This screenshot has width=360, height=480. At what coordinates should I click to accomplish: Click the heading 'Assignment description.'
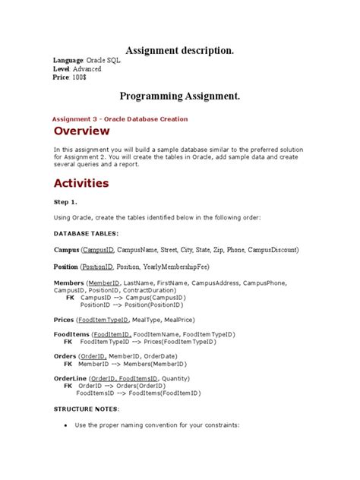pos(179,50)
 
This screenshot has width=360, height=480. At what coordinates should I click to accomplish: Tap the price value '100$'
pos(81,77)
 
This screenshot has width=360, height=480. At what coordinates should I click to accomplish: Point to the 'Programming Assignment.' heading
pos(179,96)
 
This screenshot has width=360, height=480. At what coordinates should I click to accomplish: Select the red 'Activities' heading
pos(81,183)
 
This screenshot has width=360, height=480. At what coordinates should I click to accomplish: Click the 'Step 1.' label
pos(65,203)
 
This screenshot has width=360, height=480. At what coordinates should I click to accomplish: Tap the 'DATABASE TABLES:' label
pos(86,233)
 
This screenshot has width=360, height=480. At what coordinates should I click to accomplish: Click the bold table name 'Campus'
pos(66,249)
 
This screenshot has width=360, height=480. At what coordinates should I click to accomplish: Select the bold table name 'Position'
pos(66,267)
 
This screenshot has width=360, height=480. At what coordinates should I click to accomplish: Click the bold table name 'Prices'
pos(65,321)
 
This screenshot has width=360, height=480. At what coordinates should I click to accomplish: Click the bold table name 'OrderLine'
pos(70,378)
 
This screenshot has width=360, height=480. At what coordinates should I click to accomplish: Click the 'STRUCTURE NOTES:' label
pos(86,409)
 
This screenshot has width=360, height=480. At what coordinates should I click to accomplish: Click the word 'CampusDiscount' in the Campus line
pos(271,249)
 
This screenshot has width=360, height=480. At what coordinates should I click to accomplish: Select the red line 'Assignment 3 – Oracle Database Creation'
pos(120,119)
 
